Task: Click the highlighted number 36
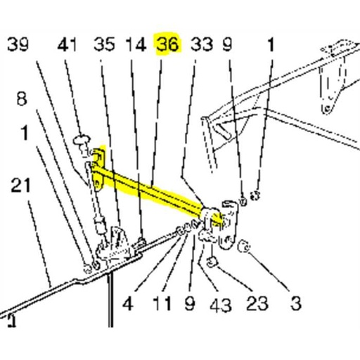pos(168,44)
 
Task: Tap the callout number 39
pos(18,44)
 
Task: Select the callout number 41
pos(67,44)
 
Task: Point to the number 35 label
pos(104,44)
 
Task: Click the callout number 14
pos(136,44)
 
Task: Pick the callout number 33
pos(202,44)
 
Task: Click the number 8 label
pos(22,99)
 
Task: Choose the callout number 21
pos(20,186)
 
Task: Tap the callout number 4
pos(128,304)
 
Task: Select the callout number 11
pos(162,304)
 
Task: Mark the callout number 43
pos(221,305)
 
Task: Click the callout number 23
pos(257,304)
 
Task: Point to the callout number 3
pos(296,304)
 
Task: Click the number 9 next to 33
pos(227,44)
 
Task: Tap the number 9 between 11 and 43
pos(190,304)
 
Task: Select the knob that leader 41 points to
pos(82,141)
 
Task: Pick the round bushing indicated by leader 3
pos(244,247)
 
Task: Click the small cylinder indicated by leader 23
pos(212,262)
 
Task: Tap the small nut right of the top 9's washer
pos(255,195)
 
